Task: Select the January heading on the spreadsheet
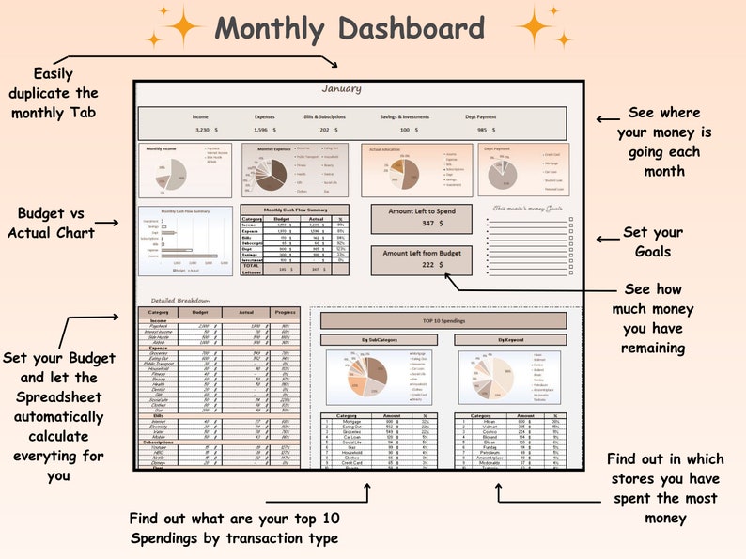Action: click(x=341, y=89)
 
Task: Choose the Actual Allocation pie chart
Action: click(x=403, y=172)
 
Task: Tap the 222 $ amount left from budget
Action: click(x=433, y=265)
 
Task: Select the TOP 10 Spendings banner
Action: click(x=443, y=321)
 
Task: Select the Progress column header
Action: click(x=285, y=311)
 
